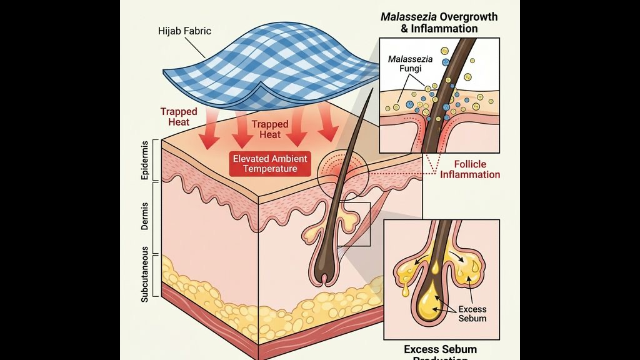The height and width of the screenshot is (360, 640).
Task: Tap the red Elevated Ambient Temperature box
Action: click(x=271, y=163)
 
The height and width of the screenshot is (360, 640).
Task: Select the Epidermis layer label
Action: click(x=144, y=164)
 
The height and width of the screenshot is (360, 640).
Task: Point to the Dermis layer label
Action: click(x=144, y=216)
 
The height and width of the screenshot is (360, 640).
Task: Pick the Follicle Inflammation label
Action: click(x=470, y=169)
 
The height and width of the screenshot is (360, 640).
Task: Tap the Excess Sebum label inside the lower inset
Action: click(x=472, y=314)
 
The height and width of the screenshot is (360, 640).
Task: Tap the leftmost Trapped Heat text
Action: click(x=178, y=117)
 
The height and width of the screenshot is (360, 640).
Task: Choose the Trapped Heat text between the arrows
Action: click(x=269, y=130)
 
